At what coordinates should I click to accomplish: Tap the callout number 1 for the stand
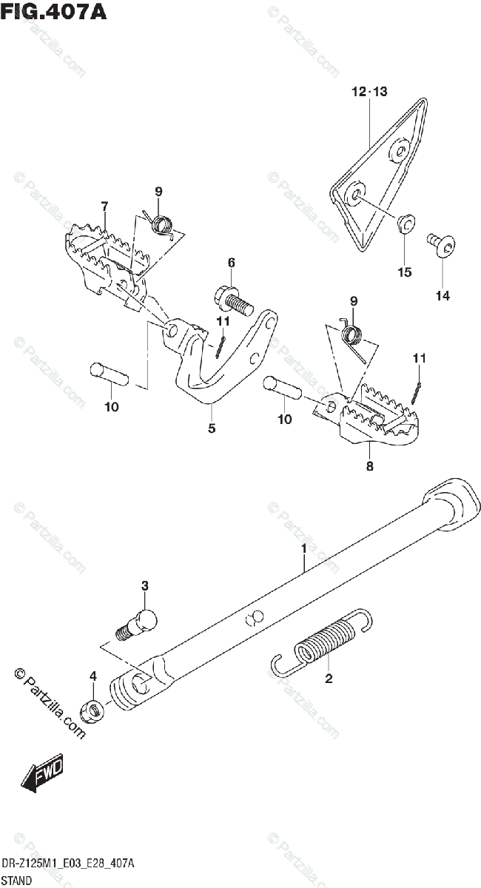tap(303, 548)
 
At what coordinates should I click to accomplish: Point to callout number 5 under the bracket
tap(212, 428)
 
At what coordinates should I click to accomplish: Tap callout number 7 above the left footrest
tap(104, 206)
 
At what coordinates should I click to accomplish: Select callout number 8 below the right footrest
tap(369, 465)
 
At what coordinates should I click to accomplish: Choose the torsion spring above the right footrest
tap(353, 337)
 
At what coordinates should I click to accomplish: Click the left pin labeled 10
tap(109, 371)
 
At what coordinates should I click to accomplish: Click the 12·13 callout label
tap(369, 92)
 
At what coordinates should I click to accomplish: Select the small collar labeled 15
tap(404, 223)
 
